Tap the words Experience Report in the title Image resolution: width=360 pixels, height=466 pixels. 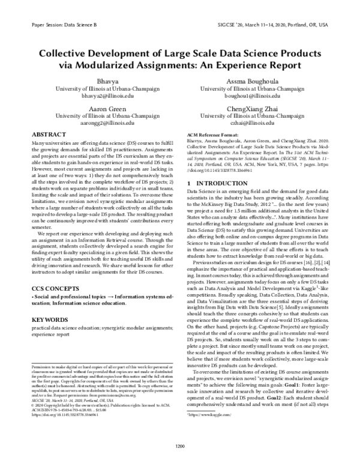[256, 64]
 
